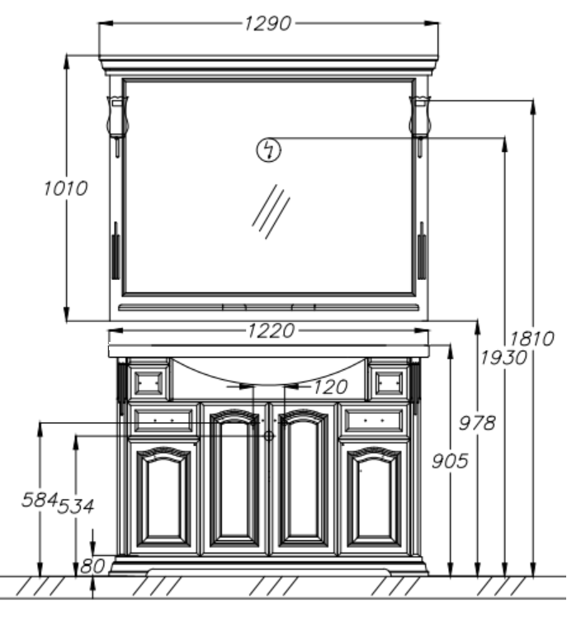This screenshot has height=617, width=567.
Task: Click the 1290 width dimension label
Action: pos(267,24)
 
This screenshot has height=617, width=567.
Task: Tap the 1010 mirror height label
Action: pos(65,188)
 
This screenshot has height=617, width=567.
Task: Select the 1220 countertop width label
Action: pos(271,330)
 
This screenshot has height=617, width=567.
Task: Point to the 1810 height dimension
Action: pos(532,339)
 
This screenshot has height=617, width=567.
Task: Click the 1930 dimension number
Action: pos(503,358)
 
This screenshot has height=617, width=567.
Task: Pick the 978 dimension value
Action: pos(477,424)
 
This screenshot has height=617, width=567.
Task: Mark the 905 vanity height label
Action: pos(450,461)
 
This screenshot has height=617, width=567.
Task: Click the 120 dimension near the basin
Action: pos(330,387)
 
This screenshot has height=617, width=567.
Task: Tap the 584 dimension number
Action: pos(40,500)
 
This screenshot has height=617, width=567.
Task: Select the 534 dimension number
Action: pos(76,506)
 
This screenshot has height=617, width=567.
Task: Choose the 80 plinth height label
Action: pos(92,567)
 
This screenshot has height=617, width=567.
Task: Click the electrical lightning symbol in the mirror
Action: pos(269,150)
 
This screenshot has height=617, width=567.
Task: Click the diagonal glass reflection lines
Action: pos(271,211)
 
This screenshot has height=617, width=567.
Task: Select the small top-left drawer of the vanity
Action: pos(149,382)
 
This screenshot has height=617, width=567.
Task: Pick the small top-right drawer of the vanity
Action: pos(389,382)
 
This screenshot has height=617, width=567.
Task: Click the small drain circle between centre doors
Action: pos(269,435)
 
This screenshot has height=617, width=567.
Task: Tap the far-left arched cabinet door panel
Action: pos(163,497)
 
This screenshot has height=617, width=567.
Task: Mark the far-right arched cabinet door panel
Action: pos(374,497)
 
